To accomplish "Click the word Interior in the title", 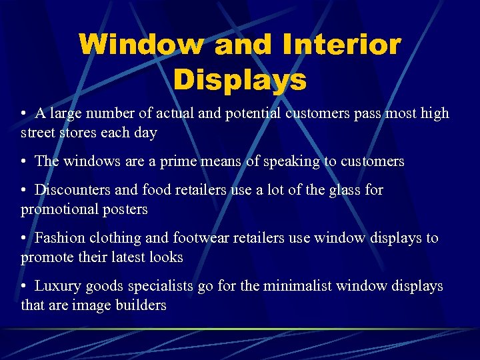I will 342,45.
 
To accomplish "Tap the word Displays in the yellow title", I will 240,80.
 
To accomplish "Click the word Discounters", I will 71,190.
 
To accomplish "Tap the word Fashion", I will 59,238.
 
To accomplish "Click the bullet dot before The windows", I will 23,161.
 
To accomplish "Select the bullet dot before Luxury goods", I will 23,287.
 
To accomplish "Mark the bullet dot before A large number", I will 23,114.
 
